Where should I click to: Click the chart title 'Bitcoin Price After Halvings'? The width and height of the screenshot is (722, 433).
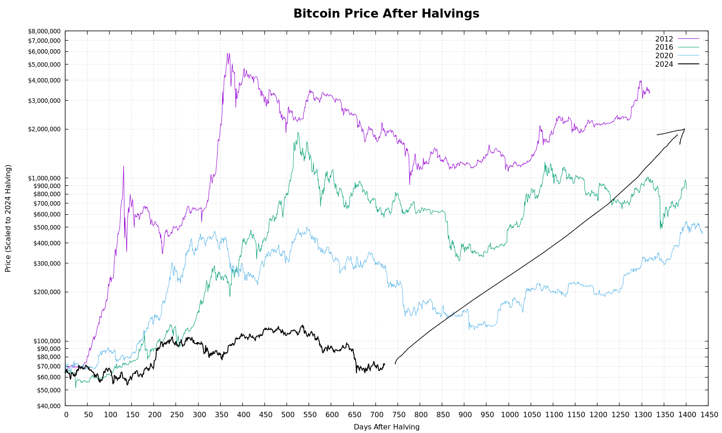386,14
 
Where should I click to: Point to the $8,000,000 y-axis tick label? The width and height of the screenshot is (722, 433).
44,31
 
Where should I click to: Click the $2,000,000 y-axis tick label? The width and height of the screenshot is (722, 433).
44,129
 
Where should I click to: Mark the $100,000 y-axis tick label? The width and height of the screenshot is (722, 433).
46,341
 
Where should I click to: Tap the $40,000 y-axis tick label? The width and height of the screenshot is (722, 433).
48,405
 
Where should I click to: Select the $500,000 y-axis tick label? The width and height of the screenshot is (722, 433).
46,227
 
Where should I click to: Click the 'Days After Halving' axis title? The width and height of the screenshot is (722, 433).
386,427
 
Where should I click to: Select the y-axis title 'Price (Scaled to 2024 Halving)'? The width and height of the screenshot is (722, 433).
8,218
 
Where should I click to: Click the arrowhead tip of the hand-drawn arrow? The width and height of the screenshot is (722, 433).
684,129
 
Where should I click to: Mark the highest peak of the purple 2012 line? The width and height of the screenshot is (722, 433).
228,53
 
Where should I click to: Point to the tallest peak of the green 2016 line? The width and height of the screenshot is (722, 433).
298,132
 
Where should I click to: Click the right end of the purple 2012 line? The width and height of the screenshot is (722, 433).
649,92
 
